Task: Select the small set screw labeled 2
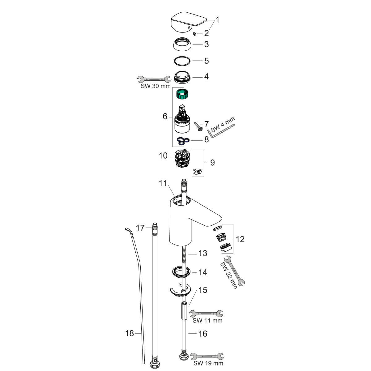click(195, 34)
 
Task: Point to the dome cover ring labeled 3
click(182, 45)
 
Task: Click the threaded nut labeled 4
click(182, 77)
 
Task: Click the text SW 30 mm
click(156, 86)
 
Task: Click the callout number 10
click(163, 156)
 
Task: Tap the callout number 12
click(240, 239)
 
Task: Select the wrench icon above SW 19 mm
click(207, 356)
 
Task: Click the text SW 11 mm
click(207, 321)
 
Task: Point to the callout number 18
click(129, 334)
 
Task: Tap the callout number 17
click(140, 228)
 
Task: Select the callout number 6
click(165, 117)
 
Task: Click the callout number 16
click(203, 334)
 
